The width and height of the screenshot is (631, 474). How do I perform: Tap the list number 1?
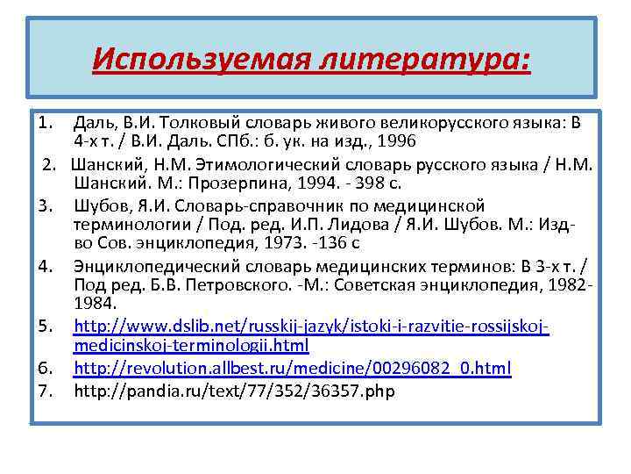(46, 121)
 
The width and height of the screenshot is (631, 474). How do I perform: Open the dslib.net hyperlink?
(311, 326)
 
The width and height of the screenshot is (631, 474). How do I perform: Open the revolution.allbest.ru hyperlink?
(292, 368)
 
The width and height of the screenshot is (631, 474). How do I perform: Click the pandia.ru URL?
(234, 391)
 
